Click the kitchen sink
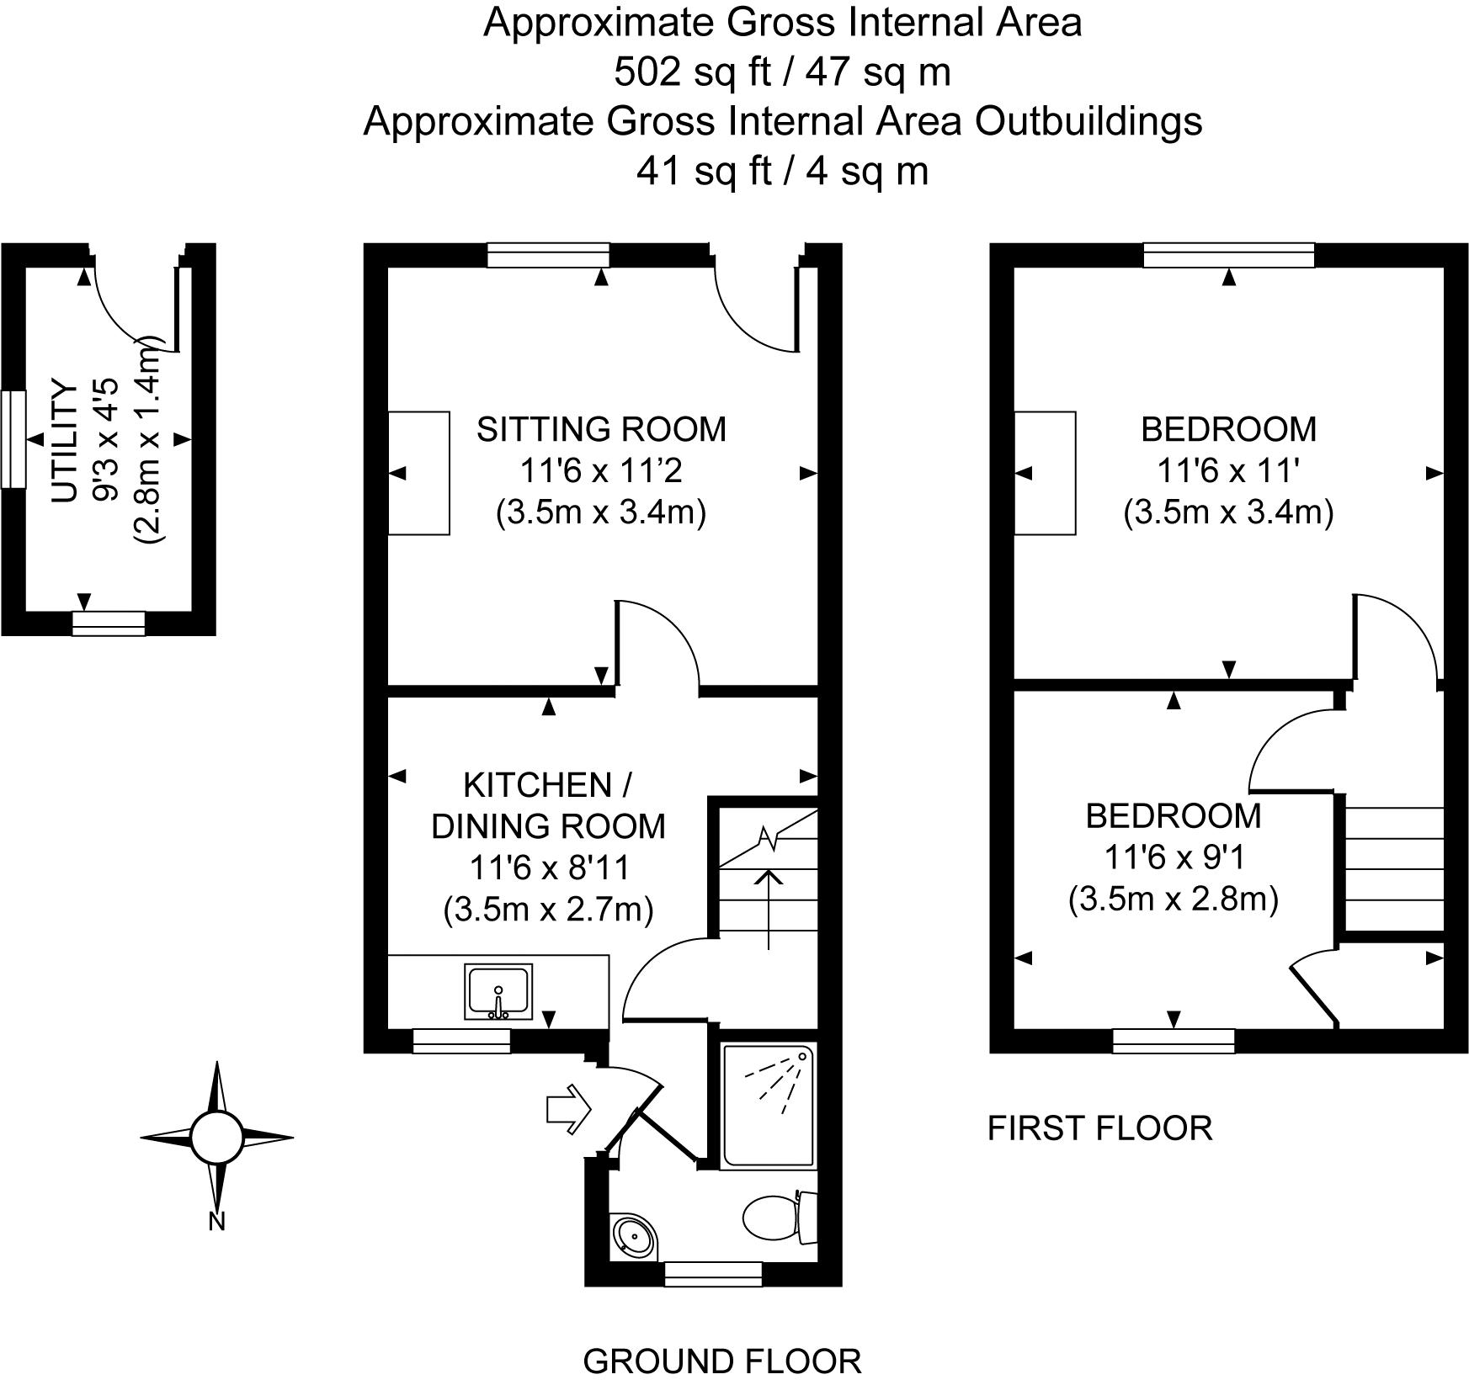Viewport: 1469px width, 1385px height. tap(498, 991)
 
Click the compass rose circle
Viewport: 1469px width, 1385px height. tap(216, 1138)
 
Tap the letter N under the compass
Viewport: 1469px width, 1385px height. tap(216, 1221)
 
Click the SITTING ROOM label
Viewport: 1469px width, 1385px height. tap(601, 429)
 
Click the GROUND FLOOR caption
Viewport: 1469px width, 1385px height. tap(722, 1361)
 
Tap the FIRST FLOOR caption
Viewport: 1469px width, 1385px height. tap(1099, 1128)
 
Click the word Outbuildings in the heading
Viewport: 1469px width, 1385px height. tap(1088, 121)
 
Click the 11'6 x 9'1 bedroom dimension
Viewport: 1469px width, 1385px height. tap(1173, 857)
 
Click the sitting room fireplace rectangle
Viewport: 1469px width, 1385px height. tap(418, 473)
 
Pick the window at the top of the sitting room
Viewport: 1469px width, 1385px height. tap(548, 255)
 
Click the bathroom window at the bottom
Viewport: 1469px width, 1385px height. tap(713, 1274)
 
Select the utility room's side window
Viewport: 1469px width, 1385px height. tap(13, 438)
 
